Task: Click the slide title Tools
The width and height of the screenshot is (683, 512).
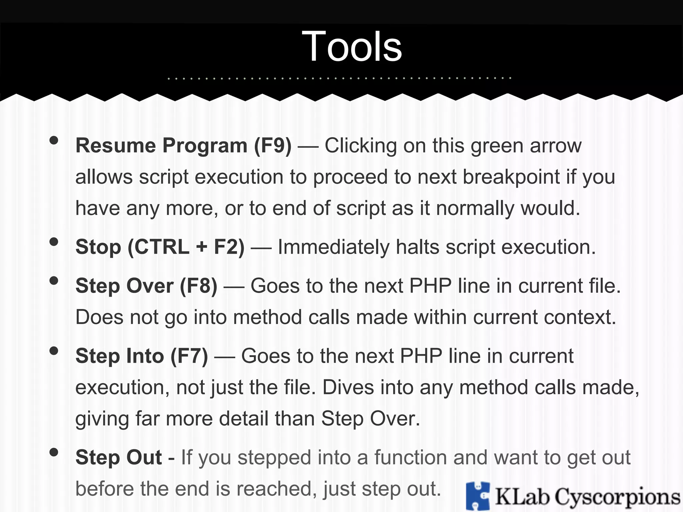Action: point(352,47)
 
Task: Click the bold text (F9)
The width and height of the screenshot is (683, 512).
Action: point(273,146)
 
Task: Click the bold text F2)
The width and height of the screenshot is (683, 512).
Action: point(229,247)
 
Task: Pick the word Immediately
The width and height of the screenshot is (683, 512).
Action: point(333,247)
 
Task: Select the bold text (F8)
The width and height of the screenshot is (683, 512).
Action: point(199,286)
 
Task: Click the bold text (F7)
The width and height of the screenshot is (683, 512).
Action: point(189,356)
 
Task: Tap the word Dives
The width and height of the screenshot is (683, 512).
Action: point(348,387)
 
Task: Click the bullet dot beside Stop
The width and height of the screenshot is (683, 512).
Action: point(54,242)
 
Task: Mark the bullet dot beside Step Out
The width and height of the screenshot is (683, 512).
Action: point(54,452)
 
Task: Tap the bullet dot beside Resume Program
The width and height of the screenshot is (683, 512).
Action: point(54,140)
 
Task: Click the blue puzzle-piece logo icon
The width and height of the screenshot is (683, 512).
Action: point(478,496)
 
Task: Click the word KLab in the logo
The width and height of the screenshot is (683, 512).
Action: point(522,497)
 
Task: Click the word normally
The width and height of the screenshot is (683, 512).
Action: point(475,208)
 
